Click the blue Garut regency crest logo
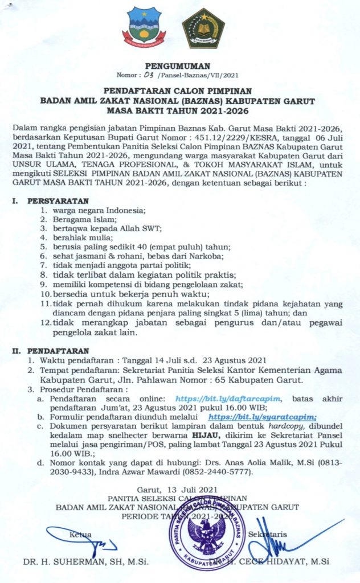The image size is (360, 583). click(x=141, y=26)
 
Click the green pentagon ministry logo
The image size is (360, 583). click(x=203, y=27)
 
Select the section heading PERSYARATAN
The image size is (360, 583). click(x=58, y=201)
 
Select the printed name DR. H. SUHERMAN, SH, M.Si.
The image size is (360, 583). click(x=85, y=562)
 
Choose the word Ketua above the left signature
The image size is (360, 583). click(x=80, y=534)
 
